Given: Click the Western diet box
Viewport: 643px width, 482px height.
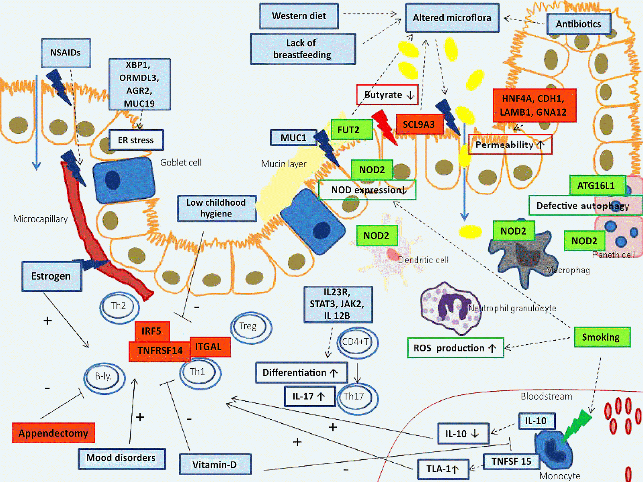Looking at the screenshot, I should tap(299, 16).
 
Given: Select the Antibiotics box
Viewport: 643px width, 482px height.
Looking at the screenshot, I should tap(578, 24).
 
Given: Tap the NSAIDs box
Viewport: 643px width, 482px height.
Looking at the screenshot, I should tap(66, 53).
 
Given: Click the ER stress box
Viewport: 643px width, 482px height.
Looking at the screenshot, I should tap(136, 140).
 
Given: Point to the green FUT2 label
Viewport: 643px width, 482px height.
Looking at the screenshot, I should tap(348, 130).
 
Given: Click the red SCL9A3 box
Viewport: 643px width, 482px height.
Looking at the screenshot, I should tap(419, 125).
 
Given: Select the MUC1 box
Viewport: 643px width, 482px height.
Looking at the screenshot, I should tap(293, 138).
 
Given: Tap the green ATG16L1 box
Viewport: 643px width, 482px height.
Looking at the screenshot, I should tap(596, 186).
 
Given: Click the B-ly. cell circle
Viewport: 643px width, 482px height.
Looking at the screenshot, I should tap(104, 377).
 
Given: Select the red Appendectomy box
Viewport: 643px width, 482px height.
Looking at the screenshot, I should tap(53, 433).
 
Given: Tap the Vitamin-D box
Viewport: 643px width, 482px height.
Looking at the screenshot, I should tap(215, 465).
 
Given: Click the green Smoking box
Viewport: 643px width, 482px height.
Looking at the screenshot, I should tap(600, 337).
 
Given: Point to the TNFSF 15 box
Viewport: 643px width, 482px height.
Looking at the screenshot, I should tap(511, 462).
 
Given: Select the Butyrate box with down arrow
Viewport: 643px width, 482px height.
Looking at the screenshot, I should tap(387, 95).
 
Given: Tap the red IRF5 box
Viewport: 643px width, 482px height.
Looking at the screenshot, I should tap(152, 331).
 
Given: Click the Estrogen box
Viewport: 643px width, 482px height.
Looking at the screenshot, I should tap(51, 276).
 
